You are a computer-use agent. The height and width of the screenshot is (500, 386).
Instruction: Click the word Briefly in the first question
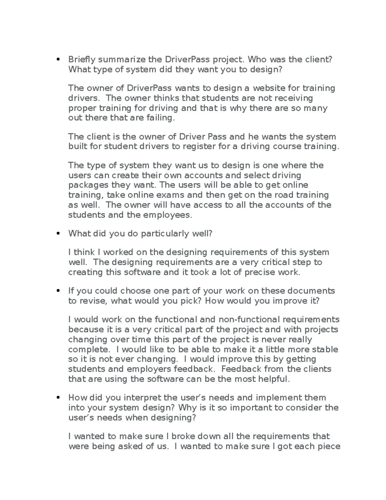coord(82,60)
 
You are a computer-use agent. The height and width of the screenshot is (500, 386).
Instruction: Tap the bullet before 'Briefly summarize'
coord(58,59)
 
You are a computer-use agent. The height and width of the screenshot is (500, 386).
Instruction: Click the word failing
coord(160,118)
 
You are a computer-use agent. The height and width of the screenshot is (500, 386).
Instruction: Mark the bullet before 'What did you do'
coord(58,234)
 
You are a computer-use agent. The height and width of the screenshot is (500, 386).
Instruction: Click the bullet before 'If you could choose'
coord(58,291)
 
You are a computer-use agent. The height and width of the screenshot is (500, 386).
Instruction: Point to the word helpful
coord(273,379)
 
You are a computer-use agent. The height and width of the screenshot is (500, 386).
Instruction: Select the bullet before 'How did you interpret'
coord(58,398)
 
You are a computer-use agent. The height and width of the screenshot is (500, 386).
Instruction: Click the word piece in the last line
coord(328,447)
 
